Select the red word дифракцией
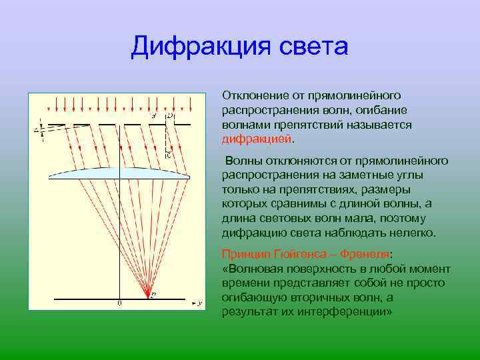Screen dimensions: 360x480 coord(257,139)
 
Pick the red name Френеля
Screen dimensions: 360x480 coord(365,254)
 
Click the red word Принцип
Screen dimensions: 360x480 coord(243,254)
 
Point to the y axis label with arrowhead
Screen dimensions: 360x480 coord(198,303)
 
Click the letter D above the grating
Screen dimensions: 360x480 coord(170,116)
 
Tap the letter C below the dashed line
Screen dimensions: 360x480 coord(168,154)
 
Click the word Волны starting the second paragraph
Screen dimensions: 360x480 coord(241,161)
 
